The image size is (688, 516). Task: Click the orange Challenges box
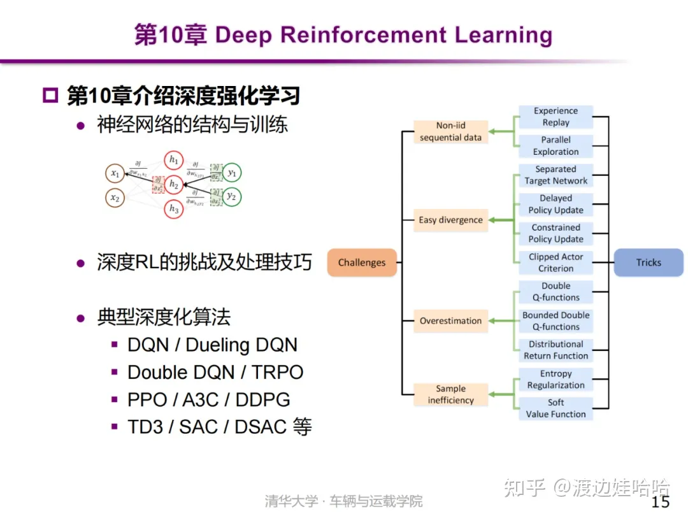click(362, 262)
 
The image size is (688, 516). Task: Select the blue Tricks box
click(648, 262)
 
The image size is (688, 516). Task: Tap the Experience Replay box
click(555, 117)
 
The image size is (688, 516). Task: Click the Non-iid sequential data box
click(450, 132)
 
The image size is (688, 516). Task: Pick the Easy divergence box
click(450, 220)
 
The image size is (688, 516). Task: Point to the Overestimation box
click(450, 321)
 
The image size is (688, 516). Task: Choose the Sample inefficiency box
click(450, 394)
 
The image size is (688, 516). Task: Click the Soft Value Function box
click(555, 408)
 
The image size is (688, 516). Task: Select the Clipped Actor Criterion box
click(555, 262)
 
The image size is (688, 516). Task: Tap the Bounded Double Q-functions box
click(555, 321)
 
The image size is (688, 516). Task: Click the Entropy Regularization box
click(555, 380)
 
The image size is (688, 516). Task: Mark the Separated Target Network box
click(555, 175)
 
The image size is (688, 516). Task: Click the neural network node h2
click(173, 185)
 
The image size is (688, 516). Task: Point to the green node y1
click(232, 173)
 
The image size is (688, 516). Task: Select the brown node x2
click(115, 198)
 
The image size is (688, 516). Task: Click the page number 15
click(661, 501)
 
